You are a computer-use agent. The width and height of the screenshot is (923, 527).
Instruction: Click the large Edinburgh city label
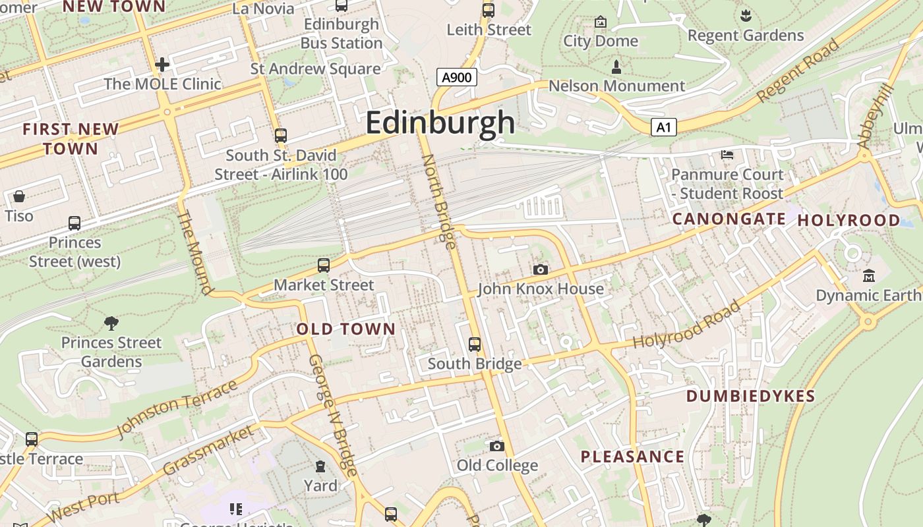click(x=440, y=123)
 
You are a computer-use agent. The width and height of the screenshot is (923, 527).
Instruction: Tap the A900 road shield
click(x=456, y=78)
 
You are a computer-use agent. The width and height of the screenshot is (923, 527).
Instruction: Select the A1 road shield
click(x=663, y=127)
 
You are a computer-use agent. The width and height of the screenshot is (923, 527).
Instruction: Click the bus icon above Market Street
click(x=323, y=265)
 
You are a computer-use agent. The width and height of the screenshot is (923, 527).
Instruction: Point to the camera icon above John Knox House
click(x=540, y=269)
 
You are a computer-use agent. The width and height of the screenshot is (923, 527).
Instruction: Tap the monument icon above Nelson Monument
click(x=616, y=67)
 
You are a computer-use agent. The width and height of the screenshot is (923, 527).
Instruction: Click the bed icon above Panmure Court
click(x=727, y=155)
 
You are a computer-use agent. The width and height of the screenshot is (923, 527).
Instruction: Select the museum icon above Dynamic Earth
click(x=868, y=275)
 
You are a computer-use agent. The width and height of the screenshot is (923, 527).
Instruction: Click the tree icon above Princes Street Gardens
click(x=111, y=323)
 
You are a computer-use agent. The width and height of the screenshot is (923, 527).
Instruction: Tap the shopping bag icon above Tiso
click(x=19, y=196)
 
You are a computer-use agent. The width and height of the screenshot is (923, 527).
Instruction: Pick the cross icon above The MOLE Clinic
click(x=162, y=65)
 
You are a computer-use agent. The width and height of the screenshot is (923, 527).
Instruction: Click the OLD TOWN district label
click(x=346, y=329)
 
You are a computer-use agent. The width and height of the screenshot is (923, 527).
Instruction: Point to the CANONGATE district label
click(x=729, y=219)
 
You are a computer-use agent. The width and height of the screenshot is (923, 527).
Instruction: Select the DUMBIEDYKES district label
click(x=751, y=396)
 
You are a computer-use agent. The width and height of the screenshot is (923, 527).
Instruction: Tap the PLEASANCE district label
click(x=632, y=457)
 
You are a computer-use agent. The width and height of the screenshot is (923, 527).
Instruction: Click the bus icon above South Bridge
click(x=474, y=344)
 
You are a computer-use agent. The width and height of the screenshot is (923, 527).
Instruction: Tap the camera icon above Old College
click(x=497, y=447)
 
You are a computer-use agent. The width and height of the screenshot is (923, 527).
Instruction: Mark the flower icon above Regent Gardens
click(x=746, y=15)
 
